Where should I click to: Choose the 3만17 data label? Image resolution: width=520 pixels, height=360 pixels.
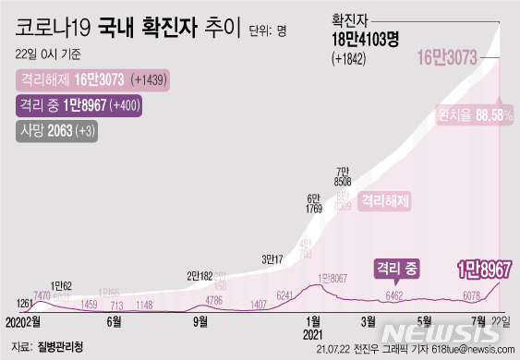(x=272, y=258)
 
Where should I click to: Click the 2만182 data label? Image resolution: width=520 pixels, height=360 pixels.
(x=200, y=275)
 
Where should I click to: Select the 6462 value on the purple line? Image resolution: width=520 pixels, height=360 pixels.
(x=393, y=295)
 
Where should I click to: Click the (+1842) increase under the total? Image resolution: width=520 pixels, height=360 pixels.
(x=350, y=59)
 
